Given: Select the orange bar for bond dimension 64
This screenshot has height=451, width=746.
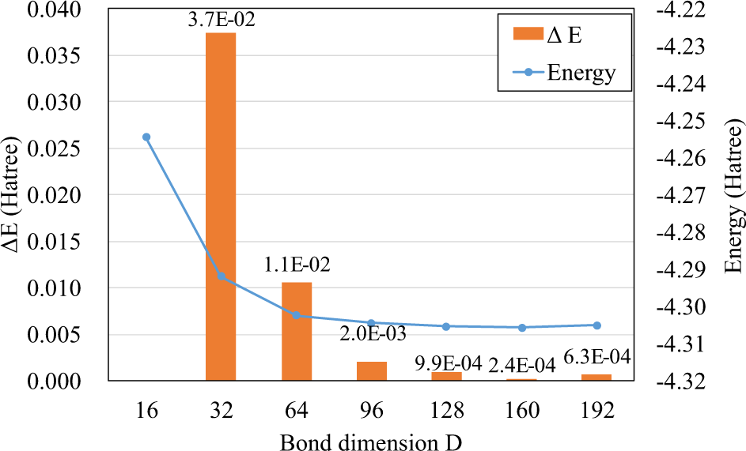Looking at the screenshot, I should click(297, 331).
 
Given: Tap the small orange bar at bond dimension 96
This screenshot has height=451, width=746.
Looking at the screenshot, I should click(372, 371).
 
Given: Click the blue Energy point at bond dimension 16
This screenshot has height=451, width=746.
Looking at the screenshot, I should click(146, 137).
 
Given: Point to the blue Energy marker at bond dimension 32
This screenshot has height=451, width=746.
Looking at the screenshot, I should click(222, 276).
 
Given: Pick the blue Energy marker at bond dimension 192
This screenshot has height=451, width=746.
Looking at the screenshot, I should click(596, 325).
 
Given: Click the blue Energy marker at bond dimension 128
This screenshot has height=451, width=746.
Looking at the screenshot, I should click(446, 326).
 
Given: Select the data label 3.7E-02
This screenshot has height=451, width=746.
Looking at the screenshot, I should click(221, 19).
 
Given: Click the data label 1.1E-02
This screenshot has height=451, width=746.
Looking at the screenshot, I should click(297, 267).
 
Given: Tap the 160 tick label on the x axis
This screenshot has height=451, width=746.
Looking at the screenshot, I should click(521, 411).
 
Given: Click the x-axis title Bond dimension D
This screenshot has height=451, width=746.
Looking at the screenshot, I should click(371, 440).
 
